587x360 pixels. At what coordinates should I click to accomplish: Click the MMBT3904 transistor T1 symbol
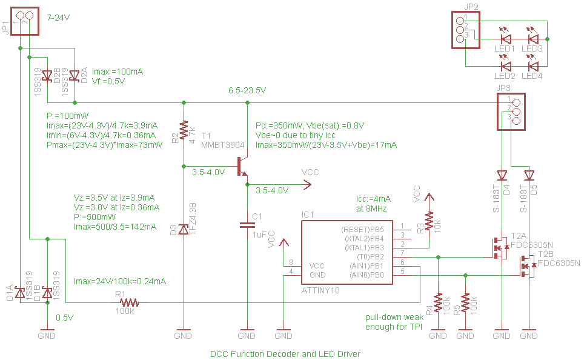(x=242, y=166)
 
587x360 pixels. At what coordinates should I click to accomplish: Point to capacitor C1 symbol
(x=247, y=225)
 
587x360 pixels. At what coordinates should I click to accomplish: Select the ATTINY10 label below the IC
(x=321, y=291)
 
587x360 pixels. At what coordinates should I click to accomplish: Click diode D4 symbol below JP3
(x=502, y=176)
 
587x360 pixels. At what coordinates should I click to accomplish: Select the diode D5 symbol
(x=529, y=176)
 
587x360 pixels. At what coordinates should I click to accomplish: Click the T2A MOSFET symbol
(x=500, y=247)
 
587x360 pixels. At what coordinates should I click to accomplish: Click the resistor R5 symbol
(x=465, y=302)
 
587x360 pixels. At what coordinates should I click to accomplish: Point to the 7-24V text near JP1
(x=58, y=18)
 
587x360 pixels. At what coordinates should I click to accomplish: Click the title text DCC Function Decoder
(x=285, y=353)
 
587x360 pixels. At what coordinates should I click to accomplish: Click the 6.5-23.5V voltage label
(x=247, y=91)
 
